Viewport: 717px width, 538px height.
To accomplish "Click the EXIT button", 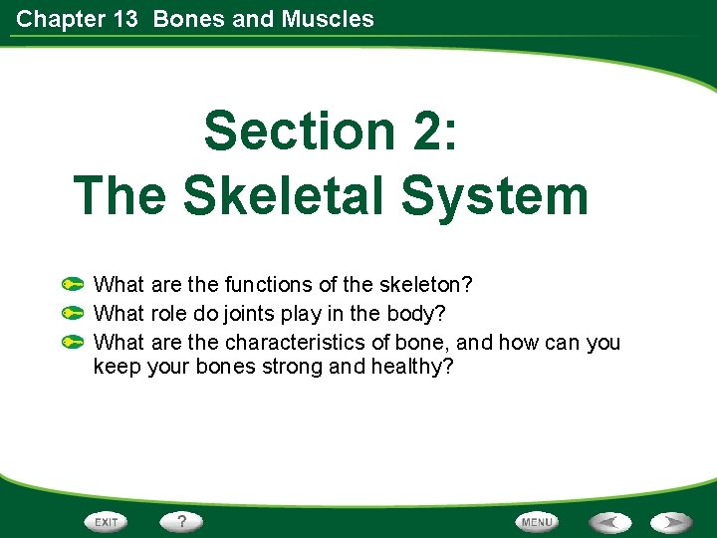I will tap(107, 521).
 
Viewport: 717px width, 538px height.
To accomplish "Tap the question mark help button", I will tap(182, 521).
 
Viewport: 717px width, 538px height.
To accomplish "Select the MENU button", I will tap(537, 521).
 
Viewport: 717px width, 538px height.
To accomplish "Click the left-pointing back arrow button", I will tap(608, 521).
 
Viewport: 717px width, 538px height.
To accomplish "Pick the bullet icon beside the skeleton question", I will tap(72, 285).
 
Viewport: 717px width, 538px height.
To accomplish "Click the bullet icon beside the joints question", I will tap(72, 314).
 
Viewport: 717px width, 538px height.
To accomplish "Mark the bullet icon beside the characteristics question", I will tap(72, 343).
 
